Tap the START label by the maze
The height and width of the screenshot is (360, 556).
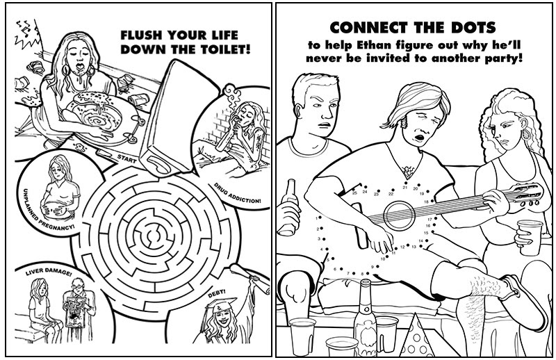(x=126, y=159)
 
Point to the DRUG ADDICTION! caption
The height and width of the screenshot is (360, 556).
(x=237, y=194)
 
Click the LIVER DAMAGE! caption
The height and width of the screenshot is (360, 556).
(x=48, y=272)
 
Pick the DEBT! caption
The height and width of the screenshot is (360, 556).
(x=217, y=293)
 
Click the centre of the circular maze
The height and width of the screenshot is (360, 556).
(x=154, y=235)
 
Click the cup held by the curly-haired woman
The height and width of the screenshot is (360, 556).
(x=530, y=237)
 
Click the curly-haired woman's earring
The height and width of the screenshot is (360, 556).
(x=527, y=136)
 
